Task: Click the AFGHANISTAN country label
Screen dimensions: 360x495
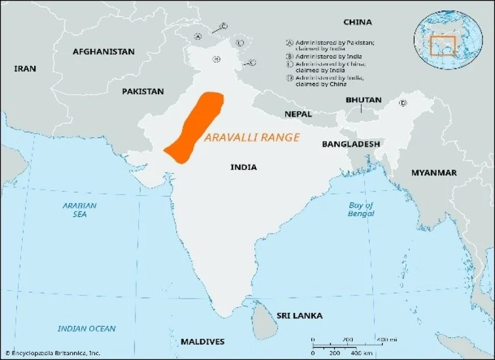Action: pos(104,52)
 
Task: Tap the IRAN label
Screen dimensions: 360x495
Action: pos(25,69)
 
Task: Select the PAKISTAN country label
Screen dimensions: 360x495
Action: pos(143,91)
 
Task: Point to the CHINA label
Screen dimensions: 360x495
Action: pos(357,22)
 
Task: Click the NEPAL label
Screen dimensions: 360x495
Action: pos(298,114)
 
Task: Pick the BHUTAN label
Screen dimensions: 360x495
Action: pos(364,100)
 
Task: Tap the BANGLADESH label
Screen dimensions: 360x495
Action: pos(350,144)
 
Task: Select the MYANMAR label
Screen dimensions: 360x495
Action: pos(434,172)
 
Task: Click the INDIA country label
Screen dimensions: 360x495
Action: pos(244,167)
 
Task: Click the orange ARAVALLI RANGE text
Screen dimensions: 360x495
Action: pos(252,137)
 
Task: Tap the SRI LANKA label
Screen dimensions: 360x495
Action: pos(299,316)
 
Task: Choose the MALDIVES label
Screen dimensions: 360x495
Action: pos(203,342)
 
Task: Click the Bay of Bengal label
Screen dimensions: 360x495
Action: pos(361,209)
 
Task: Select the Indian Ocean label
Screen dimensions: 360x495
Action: pos(86,329)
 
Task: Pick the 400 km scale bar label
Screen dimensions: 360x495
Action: pos(356,354)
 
